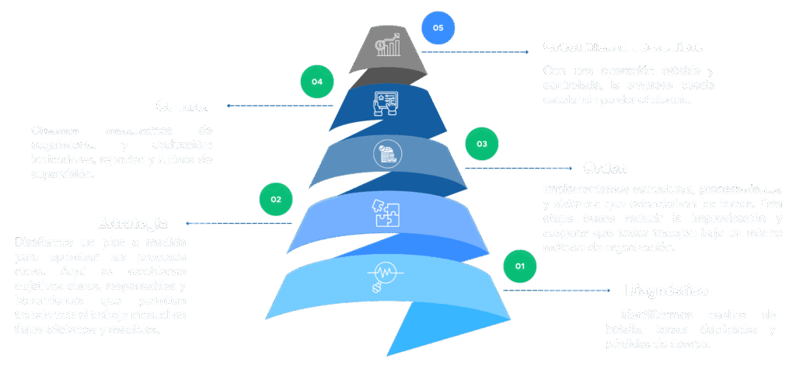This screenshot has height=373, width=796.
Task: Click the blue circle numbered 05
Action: (438, 28)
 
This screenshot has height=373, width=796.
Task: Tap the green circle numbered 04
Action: (316, 81)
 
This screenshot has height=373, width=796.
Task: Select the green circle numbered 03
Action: (482, 145)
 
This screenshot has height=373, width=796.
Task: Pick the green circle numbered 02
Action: (275, 200)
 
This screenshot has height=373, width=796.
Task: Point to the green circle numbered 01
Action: (520, 267)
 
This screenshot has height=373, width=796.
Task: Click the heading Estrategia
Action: (131, 223)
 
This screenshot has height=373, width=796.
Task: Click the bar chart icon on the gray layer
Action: (388, 47)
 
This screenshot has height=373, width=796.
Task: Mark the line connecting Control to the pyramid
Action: (280, 106)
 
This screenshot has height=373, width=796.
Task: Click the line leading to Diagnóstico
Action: (560, 290)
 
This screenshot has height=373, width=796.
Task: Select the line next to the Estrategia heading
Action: (237, 223)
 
